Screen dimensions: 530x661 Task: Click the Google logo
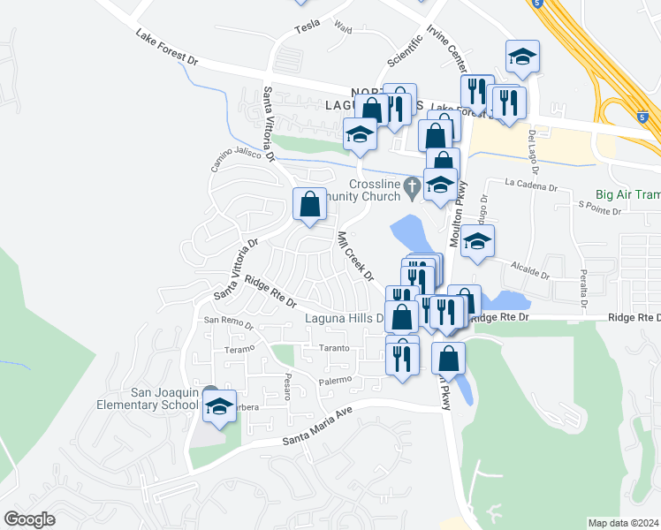coord(30,519)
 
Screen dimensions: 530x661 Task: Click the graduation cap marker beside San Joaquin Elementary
coord(220,406)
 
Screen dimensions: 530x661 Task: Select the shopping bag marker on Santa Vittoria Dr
coord(309,205)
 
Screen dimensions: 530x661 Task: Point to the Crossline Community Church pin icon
coord(411,186)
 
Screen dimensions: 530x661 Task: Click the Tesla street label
coord(307,26)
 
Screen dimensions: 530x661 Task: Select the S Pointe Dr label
coord(600,208)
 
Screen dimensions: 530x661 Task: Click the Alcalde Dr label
coord(528,269)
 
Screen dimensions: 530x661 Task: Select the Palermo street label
coord(337,381)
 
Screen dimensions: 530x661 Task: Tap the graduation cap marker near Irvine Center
coord(523,57)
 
